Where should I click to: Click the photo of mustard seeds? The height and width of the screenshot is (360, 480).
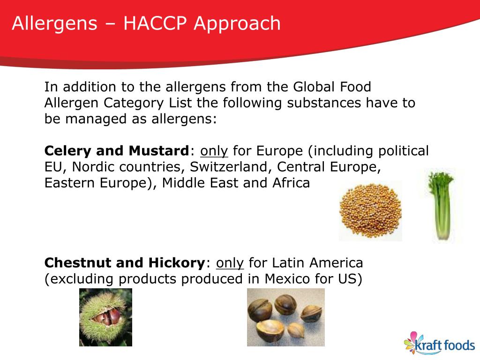(370, 211)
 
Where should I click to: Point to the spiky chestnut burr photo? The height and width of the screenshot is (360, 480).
(105, 317)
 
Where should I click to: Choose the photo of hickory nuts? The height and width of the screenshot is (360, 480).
(285, 317)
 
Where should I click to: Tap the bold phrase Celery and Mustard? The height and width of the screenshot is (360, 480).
(116, 151)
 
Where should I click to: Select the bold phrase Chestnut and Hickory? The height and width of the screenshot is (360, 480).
(125, 262)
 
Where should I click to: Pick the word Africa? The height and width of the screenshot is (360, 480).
(291, 183)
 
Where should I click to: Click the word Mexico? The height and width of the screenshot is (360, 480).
(289, 278)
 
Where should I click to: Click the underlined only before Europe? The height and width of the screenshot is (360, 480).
(214, 151)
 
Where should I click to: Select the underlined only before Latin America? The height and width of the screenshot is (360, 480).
(230, 262)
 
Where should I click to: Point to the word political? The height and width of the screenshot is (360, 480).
(404, 151)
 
